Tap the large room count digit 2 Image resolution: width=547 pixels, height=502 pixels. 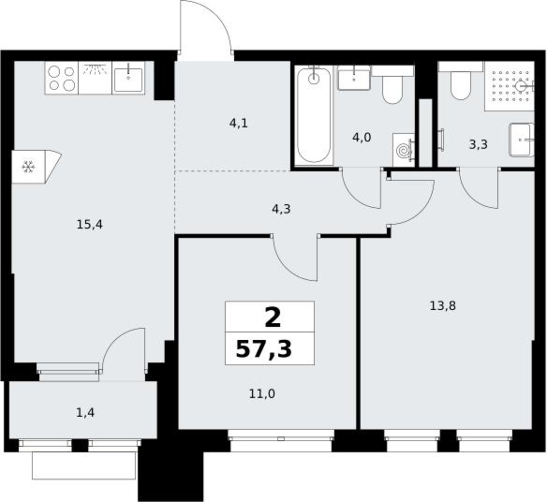point(273,318)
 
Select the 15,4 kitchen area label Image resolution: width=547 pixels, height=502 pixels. point(90,225)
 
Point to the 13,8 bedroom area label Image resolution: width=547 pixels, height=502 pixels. point(443,306)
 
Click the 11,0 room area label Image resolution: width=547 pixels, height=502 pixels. point(262,394)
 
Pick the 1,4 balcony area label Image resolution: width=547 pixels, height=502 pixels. point(85,413)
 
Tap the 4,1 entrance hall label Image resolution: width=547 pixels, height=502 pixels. point(238,123)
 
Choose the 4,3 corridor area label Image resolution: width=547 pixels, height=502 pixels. point(281,209)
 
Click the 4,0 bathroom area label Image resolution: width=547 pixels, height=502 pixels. point(361,138)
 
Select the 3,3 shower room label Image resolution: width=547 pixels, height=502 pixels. point(478,144)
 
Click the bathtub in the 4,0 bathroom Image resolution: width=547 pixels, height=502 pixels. point(314,115)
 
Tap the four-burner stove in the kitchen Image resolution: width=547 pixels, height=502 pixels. point(62,78)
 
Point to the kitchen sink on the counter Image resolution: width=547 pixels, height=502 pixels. point(128,78)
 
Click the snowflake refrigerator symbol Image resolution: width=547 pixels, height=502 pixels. point(28,167)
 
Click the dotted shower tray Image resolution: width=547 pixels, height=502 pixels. point(509,86)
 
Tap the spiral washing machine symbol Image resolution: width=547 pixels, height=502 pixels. point(403,151)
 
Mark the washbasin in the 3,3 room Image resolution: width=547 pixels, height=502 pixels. point(521,140)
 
